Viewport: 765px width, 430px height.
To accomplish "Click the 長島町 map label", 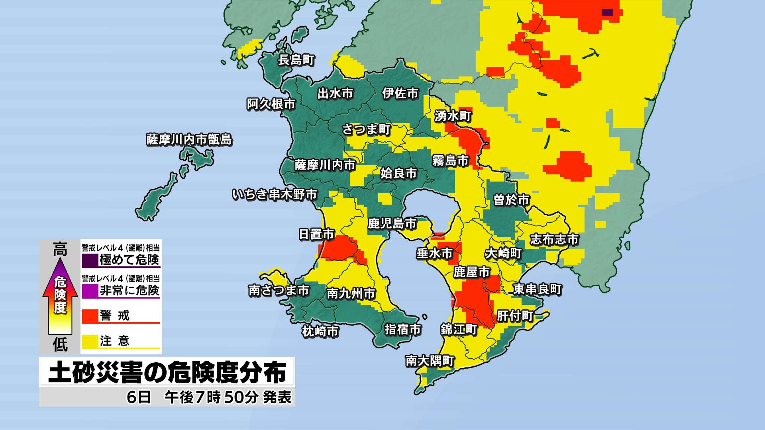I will click(296, 60).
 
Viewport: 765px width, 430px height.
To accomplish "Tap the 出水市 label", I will click(335, 93).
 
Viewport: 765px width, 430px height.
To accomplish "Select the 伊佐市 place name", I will click(400, 93).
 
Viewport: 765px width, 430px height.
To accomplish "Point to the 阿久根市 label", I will click(271, 104).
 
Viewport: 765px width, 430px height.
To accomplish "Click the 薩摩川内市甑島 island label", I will click(189, 140).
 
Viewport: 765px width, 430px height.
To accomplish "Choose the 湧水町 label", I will click(453, 116).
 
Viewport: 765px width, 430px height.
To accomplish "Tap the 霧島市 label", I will click(451, 161).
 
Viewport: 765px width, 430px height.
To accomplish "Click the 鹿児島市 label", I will click(392, 224).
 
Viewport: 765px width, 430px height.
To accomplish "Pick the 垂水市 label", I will click(435, 253).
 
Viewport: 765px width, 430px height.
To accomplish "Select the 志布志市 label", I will click(554, 240).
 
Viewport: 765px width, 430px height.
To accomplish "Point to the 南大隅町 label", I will click(430, 361).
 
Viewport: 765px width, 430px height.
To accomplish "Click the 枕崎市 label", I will click(320, 331).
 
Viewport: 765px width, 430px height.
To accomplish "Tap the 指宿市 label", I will click(403, 330).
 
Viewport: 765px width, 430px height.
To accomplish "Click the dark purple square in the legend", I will click(90, 261).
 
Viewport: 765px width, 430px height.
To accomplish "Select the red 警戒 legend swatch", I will click(90, 316).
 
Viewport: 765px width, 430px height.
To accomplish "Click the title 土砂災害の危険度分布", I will click(167, 373).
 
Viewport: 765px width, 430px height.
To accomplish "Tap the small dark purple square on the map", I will click(607, 12).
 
